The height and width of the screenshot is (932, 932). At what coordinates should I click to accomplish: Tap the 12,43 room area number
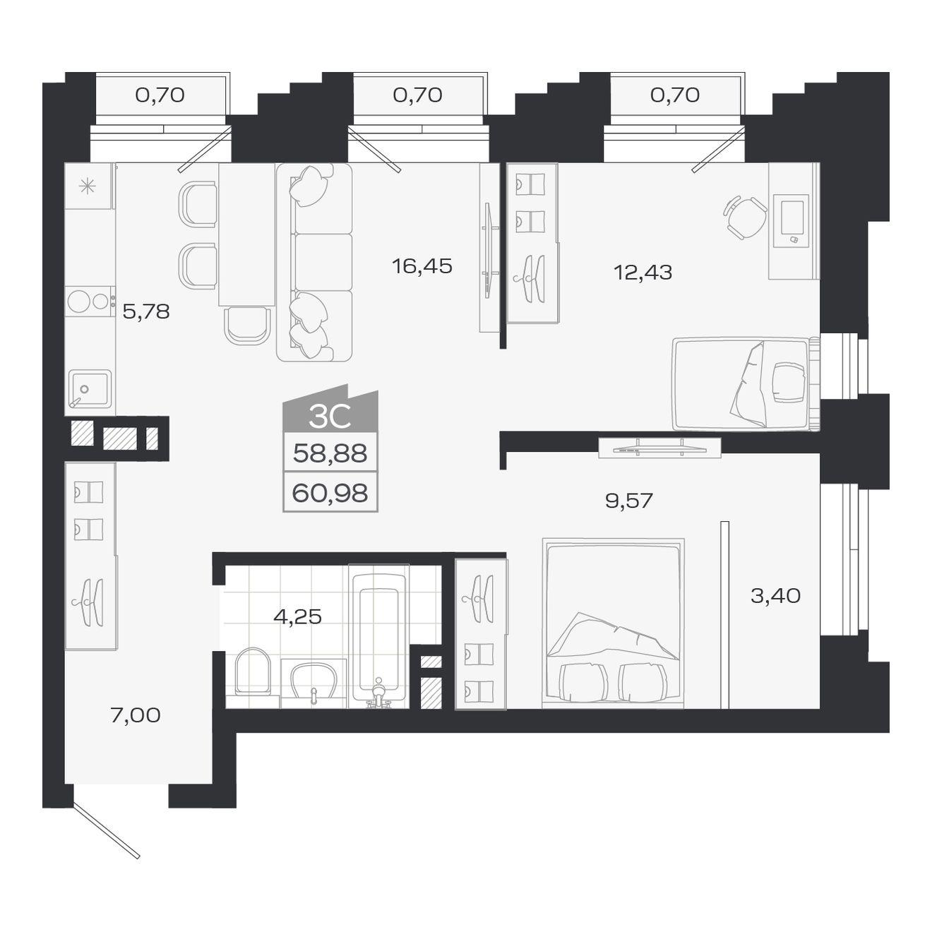click(643, 273)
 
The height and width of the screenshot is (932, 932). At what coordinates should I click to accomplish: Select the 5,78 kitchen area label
click(146, 312)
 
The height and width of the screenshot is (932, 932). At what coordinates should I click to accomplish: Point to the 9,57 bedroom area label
click(629, 501)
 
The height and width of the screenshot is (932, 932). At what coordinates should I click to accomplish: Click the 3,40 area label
click(775, 596)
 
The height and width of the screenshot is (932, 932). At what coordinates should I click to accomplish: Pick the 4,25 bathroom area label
click(297, 616)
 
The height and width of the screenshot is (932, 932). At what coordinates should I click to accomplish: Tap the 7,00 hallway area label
click(136, 715)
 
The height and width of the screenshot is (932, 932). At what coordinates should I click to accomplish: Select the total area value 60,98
click(330, 494)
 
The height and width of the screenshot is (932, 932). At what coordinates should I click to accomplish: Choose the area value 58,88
click(330, 454)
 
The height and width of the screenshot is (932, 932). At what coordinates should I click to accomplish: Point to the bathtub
click(378, 638)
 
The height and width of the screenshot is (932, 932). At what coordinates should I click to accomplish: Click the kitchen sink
click(90, 390)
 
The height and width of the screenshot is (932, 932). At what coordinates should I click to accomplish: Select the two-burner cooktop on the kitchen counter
click(90, 301)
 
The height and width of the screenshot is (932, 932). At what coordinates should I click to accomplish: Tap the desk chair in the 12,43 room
click(745, 217)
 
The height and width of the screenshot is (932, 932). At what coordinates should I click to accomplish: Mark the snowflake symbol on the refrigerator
click(88, 186)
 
